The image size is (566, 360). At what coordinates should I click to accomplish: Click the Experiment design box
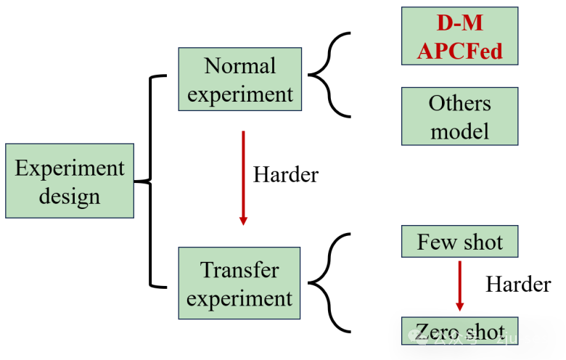[x=70, y=181]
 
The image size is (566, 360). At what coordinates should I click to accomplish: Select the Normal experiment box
[x=240, y=79]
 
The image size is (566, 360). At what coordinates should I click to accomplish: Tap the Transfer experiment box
[x=239, y=283]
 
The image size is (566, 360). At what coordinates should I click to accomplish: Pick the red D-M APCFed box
[x=460, y=36]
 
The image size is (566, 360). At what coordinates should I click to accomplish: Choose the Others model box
[x=460, y=116]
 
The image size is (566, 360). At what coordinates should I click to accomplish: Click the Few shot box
[x=460, y=241]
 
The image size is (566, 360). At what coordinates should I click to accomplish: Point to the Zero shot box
[x=460, y=330]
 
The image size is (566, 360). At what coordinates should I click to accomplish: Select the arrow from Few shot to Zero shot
[x=459, y=285]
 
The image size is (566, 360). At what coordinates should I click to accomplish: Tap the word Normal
[x=240, y=66]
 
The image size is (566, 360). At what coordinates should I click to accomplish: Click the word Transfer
[x=239, y=270]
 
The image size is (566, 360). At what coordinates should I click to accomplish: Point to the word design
[x=70, y=196]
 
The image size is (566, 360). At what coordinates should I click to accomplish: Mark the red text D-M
[x=460, y=23]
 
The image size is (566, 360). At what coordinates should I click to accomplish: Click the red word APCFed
[x=460, y=52]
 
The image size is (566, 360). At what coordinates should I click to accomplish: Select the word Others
[x=460, y=103]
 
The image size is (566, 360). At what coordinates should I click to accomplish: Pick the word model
[x=460, y=131]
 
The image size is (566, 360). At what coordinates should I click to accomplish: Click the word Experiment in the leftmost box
[x=70, y=168]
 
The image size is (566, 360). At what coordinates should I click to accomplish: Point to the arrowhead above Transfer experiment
[x=243, y=221]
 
